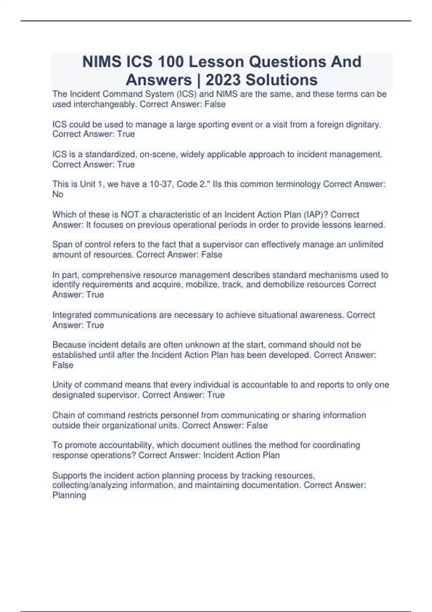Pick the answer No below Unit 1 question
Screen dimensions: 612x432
pos(58,194)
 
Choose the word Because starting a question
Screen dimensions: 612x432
pos(69,345)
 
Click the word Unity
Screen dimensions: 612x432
pos(62,385)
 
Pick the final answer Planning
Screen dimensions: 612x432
pos(69,495)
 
